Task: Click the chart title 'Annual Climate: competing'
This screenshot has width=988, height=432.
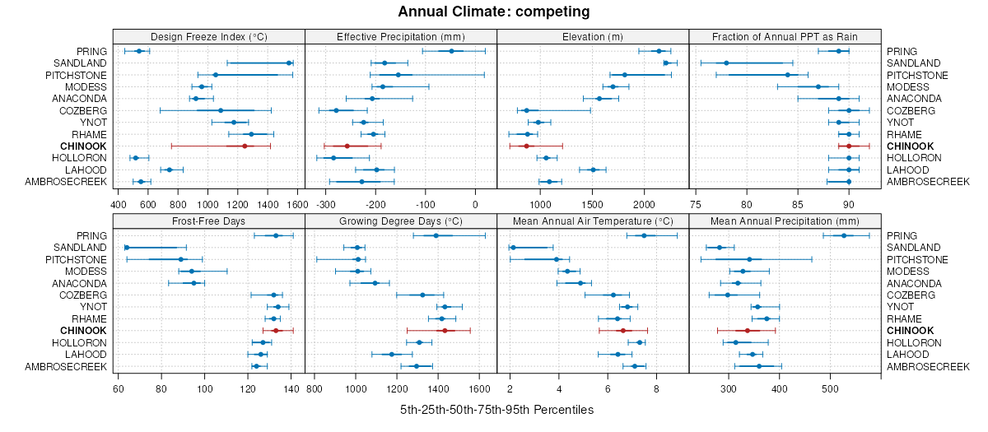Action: pos(493,12)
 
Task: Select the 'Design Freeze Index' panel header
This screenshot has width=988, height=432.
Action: pos(208,36)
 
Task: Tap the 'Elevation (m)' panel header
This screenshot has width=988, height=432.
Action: pos(593,36)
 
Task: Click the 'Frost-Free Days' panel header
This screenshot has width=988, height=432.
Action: pos(208,221)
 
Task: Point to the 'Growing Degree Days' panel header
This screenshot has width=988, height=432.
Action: pos(400,221)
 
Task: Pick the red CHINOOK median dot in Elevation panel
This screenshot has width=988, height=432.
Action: pos(526,146)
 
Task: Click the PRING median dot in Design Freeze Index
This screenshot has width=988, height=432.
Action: pos(138,51)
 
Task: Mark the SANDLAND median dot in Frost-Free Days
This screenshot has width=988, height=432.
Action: pos(127,247)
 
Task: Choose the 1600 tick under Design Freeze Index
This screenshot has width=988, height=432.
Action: pos(295,204)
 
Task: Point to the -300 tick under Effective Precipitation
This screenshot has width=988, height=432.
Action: pos(326,204)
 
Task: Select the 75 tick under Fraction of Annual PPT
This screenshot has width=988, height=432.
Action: pos(696,204)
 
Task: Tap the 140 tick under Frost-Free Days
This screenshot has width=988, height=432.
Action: pos(291,388)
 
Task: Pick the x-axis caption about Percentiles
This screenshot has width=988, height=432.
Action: pos(496,409)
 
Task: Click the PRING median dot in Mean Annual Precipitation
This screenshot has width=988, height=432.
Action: pos(843,235)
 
